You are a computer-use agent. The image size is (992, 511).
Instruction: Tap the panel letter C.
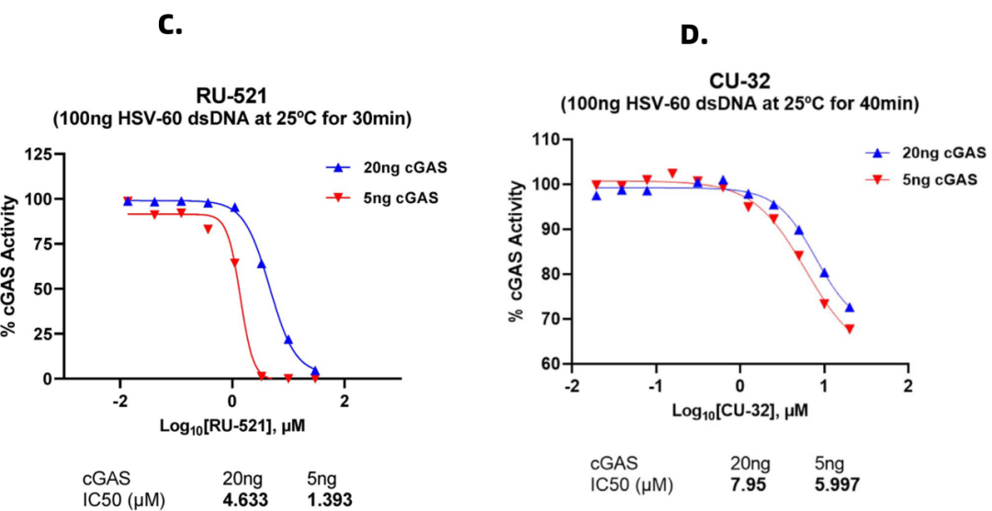tap(171, 25)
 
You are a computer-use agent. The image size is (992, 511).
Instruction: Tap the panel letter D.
tap(694, 36)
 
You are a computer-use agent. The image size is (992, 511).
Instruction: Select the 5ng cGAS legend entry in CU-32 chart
tap(925, 179)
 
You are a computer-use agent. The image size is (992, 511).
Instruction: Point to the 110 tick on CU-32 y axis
tap(547, 139)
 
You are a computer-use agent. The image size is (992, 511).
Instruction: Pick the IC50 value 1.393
tap(330, 501)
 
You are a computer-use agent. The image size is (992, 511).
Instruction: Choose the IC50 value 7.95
tap(749, 483)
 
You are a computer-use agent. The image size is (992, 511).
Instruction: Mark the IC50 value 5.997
tap(838, 483)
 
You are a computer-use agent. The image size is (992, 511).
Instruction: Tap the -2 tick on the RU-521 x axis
tap(119, 401)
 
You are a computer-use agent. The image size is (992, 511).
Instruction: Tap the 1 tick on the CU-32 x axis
tap(824, 384)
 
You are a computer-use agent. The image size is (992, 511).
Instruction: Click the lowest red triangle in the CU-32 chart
tap(850, 329)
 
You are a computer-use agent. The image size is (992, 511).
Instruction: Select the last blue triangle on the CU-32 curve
tap(850, 307)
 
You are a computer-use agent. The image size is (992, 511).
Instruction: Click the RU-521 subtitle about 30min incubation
tap(231, 118)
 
